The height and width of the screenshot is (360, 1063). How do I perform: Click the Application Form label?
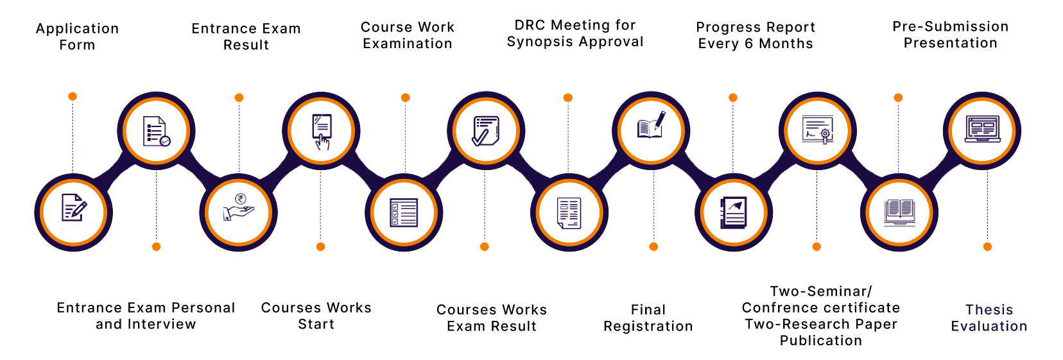coord(77,37)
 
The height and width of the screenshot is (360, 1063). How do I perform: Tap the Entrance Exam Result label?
coord(246,37)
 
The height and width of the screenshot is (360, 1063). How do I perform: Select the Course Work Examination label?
coord(408,35)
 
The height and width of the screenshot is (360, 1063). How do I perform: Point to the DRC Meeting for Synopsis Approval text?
coord(575,33)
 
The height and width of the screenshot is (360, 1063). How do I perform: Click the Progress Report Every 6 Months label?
coord(756,35)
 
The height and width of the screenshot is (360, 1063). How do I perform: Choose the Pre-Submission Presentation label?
coord(950,35)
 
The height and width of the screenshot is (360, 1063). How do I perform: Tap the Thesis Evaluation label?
coord(989,318)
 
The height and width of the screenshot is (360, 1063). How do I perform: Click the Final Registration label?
coord(648,318)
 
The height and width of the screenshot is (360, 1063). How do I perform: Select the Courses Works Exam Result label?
coord(492,318)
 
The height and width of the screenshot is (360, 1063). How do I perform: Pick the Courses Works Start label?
coord(316,316)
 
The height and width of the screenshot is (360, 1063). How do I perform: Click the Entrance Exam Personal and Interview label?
coord(146,316)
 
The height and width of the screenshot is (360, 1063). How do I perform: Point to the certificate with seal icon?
coord(817,130)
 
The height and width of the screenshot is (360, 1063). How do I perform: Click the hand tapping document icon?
coord(322,130)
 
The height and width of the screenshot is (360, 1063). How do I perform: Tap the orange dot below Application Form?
coord(73,96)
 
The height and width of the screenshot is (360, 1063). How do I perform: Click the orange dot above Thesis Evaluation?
coord(987,246)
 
